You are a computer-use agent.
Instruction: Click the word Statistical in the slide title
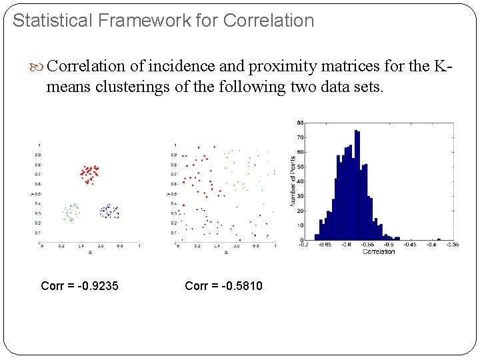click(x=53, y=21)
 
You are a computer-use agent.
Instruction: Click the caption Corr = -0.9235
click(x=79, y=286)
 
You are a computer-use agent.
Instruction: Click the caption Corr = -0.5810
click(x=223, y=286)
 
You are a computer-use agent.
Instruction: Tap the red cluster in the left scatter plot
click(x=89, y=174)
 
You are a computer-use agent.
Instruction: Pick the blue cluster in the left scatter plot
click(x=108, y=211)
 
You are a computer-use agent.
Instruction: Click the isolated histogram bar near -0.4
click(x=439, y=239)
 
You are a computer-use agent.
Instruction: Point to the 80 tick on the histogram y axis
click(x=301, y=123)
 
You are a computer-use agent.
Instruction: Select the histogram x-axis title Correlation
click(x=378, y=251)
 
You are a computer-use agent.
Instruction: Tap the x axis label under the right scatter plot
click(x=226, y=252)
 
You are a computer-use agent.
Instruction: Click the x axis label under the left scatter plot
click(x=90, y=252)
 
